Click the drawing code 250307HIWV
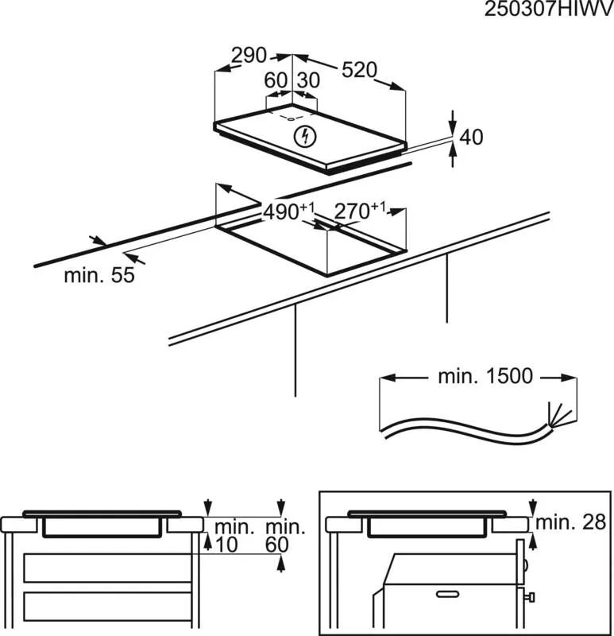tap(549, 9)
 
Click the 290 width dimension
tap(249, 56)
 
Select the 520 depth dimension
tap(360, 70)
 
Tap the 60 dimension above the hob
tap(276, 80)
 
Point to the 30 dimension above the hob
tap(308, 80)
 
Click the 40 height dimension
tap(471, 137)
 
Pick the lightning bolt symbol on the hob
tap(305, 136)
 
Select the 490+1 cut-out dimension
tap(288, 211)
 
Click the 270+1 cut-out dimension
tap(360, 211)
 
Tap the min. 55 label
tap(99, 275)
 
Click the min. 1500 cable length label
tap(485, 376)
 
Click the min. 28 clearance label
tap(570, 522)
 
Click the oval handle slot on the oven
tap(447, 594)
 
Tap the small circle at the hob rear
tap(291, 119)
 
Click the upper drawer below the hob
tap(107, 568)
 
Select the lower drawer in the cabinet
tap(107, 607)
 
